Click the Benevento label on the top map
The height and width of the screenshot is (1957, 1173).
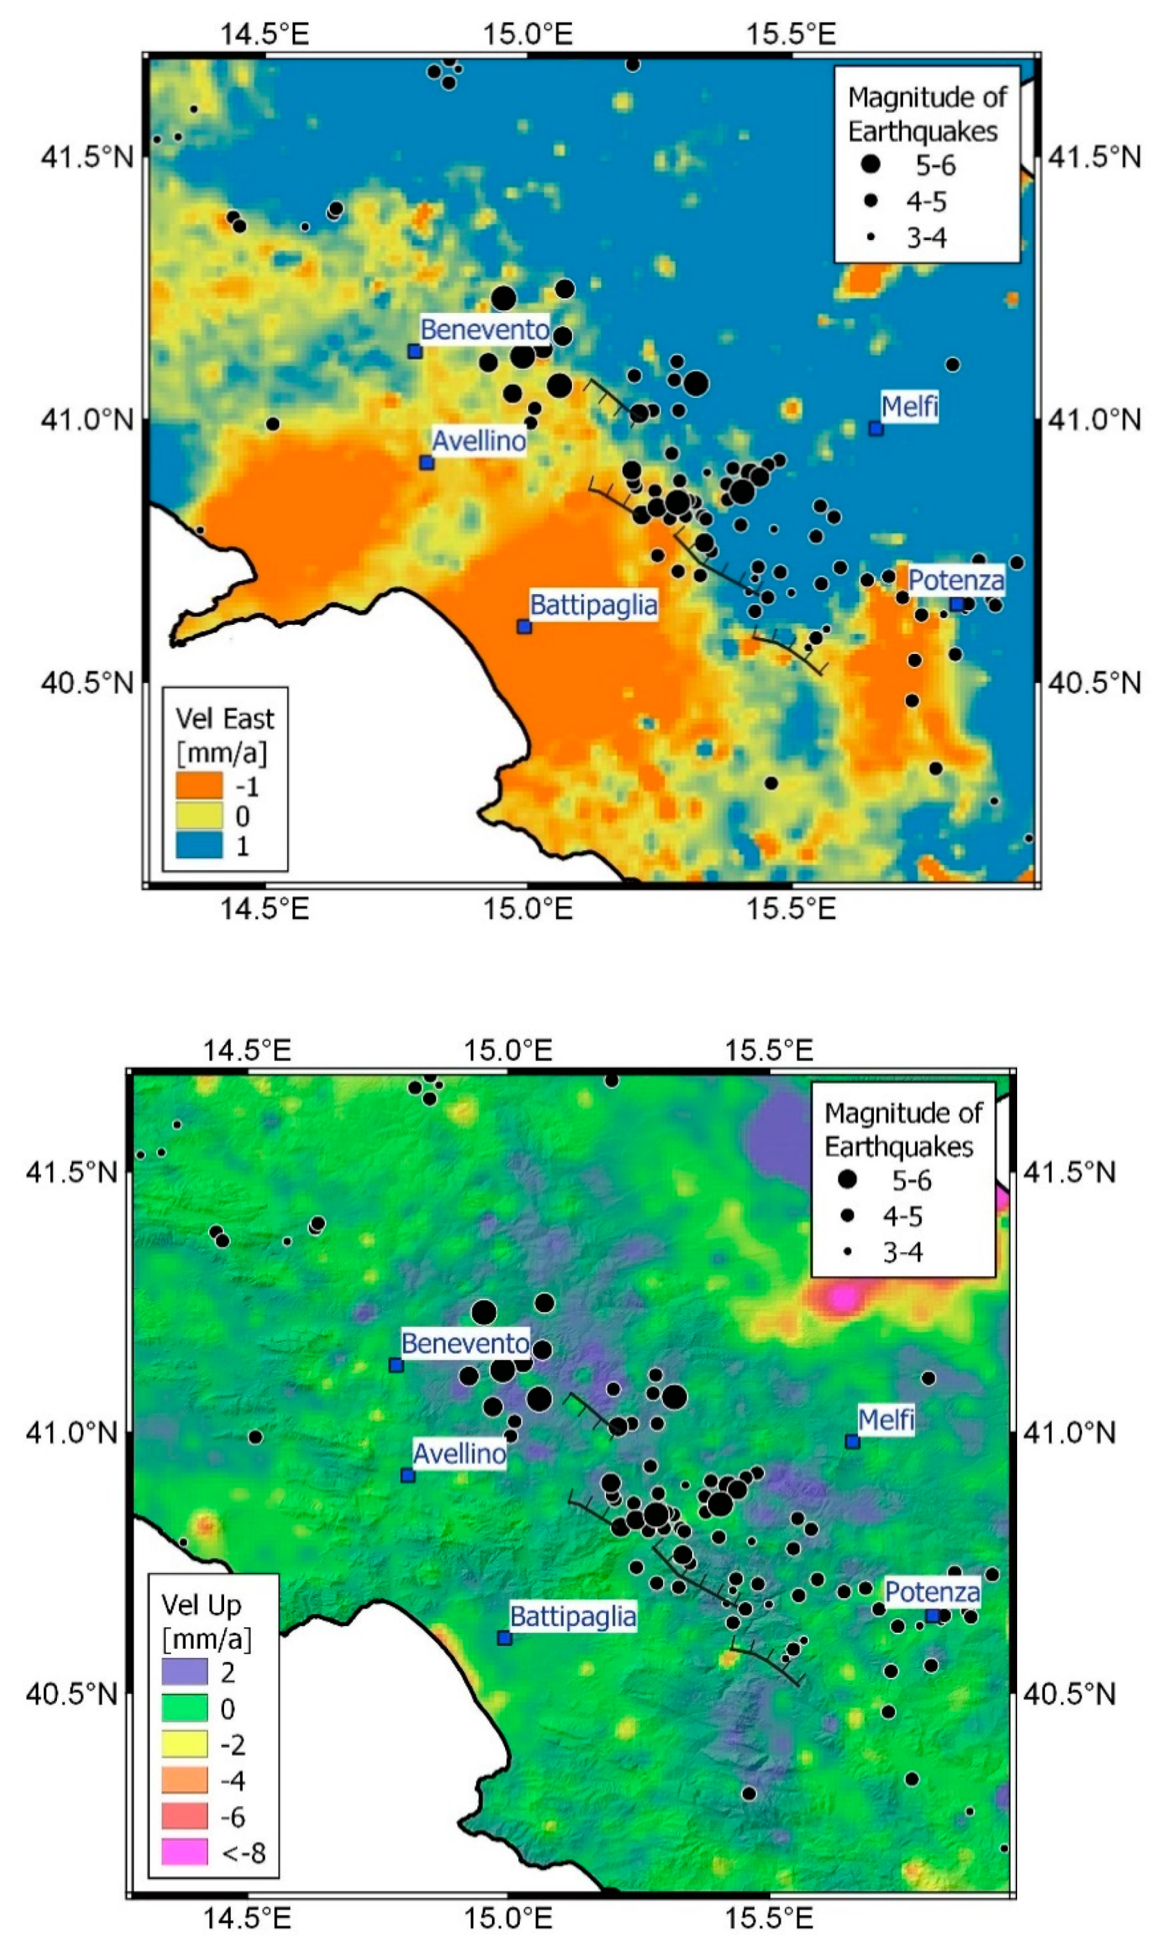484,329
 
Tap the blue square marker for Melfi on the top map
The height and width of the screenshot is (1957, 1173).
875,429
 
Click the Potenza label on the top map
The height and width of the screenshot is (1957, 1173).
956,580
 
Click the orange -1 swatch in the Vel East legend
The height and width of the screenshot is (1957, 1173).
198,785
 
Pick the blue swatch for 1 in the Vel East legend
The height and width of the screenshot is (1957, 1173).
198,845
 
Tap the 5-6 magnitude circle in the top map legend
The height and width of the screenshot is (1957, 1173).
870,164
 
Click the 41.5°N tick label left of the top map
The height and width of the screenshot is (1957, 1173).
87,157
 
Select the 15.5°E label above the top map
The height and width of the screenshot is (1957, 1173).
790,34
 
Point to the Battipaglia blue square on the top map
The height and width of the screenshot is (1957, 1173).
524,627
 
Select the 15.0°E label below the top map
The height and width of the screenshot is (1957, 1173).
527,908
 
